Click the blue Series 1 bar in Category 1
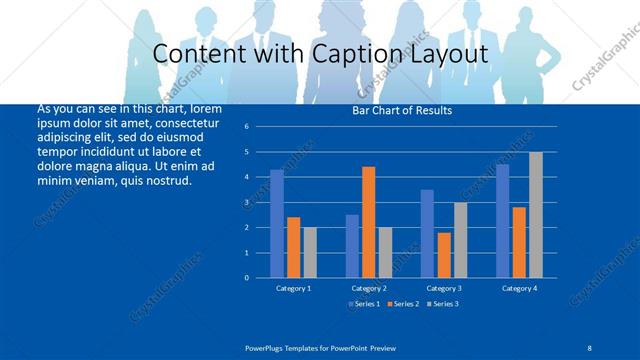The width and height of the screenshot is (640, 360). tap(277, 224)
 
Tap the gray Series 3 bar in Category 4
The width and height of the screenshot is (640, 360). tap(536, 215)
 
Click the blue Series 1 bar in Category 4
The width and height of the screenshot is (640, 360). tap(502, 221)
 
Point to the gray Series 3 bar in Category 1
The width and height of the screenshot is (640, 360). tap(310, 252)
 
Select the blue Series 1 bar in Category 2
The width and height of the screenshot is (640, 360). tap(352, 246)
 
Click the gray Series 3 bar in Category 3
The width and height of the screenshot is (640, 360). tap(460, 240)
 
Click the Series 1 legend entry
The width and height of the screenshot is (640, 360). tap(365, 303)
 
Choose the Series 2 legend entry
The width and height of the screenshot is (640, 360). tap(402, 303)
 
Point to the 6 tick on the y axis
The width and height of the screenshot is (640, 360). tap(259, 127)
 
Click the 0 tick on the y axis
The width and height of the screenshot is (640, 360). tap(259, 278)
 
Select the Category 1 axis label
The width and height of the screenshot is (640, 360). tap(293, 288)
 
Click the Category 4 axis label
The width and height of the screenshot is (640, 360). tap(519, 288)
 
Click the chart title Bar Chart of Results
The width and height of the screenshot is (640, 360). tap(402, 110)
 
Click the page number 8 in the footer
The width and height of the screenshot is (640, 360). tap(590, 347)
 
